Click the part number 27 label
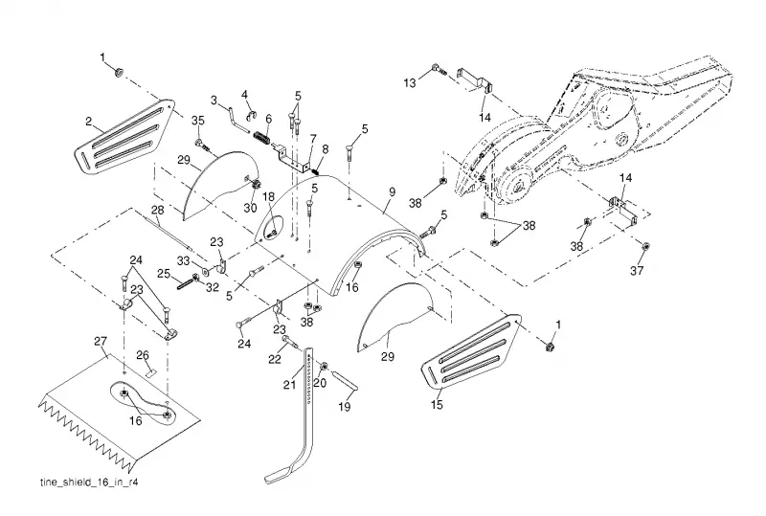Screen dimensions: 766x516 (x=101, y=341)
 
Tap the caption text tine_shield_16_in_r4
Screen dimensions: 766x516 (x=89, y=482)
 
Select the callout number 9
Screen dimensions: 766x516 (x=392, y=192)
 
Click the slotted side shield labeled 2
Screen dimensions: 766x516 (x=124, y=135)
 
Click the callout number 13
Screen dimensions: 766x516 (x=410, y=82)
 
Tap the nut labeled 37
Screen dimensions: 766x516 (x=644, y=246)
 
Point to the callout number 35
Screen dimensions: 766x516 (x=198, y=122)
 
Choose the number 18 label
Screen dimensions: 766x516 (x=269, y=196)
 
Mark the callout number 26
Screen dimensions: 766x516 (x=142, y=355)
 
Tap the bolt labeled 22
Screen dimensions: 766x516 (x=290, y=342)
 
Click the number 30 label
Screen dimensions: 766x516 (x=250, y=208)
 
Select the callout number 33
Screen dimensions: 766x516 (x=183, y=261)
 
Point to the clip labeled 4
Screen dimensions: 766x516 (x=251, y=115)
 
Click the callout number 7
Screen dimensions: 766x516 (x=313, y=138)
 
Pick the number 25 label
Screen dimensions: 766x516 (x=163, y=273)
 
